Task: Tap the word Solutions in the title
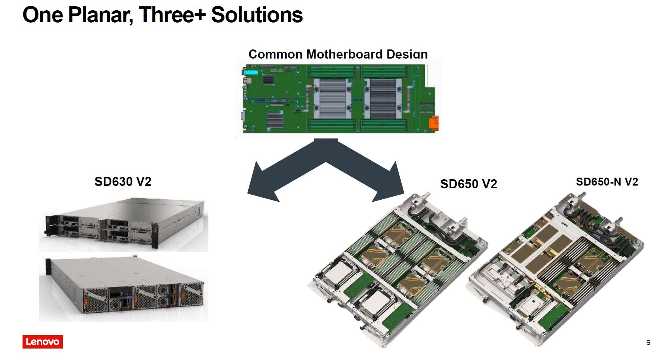257,15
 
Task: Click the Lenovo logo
42,342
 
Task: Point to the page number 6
648,343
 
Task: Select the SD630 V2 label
123,182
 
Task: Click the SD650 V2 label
468,184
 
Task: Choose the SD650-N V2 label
607,182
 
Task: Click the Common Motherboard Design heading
338,54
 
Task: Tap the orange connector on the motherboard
434,123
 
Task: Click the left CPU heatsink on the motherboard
332,99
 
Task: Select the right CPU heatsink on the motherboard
382,99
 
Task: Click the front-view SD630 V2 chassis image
123,225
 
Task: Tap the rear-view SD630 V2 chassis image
123,289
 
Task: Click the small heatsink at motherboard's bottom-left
275,121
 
